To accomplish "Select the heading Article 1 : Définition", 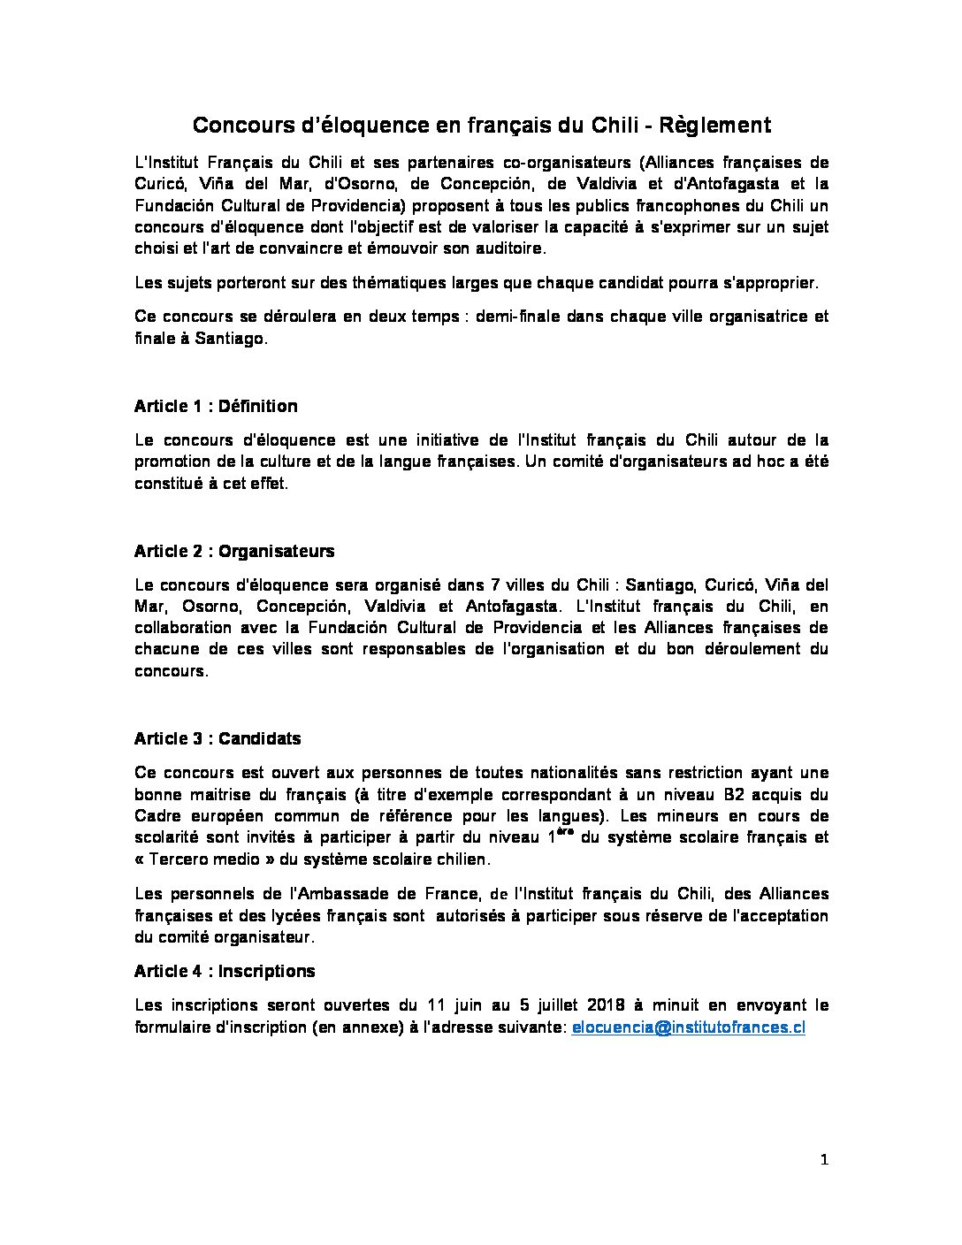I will tap(216, 407).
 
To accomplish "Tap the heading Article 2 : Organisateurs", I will tap(234, 552).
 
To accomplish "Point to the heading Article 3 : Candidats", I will tap(218, 739).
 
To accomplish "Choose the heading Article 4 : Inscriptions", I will tap(225, 972).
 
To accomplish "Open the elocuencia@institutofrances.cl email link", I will tap(689, 1027).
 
